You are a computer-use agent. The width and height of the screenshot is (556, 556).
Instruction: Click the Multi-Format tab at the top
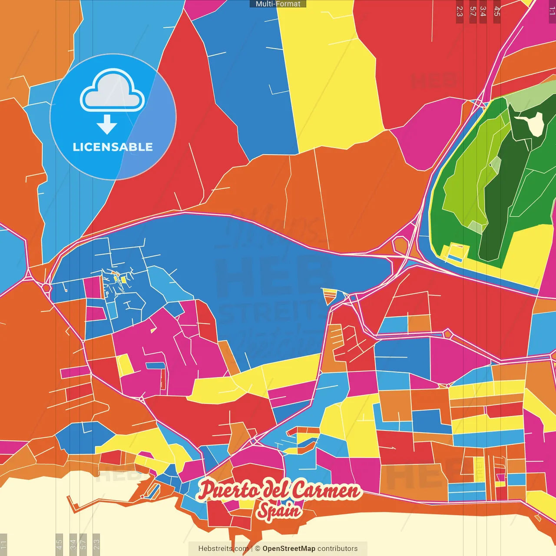pos(278,4)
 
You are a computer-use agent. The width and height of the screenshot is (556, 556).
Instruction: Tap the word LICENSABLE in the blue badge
pos(113,147)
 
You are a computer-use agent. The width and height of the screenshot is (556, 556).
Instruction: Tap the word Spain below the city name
pos(278,511)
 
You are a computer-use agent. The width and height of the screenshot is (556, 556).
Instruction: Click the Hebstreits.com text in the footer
pos(223,549)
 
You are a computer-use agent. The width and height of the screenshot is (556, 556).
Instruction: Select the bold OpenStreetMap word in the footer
pos(288,549)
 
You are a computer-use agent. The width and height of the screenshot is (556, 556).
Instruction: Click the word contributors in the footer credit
pos(337,549)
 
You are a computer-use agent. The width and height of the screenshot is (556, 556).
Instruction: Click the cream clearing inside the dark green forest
pos(535,125)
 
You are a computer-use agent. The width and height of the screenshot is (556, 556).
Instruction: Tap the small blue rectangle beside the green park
pos(454,258)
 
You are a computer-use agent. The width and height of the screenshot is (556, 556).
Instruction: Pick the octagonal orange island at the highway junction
pos(400,245)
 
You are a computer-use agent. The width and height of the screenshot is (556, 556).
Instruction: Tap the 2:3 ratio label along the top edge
pos(460,11)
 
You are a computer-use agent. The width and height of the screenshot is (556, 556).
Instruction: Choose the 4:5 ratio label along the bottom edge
pos(60,543)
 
